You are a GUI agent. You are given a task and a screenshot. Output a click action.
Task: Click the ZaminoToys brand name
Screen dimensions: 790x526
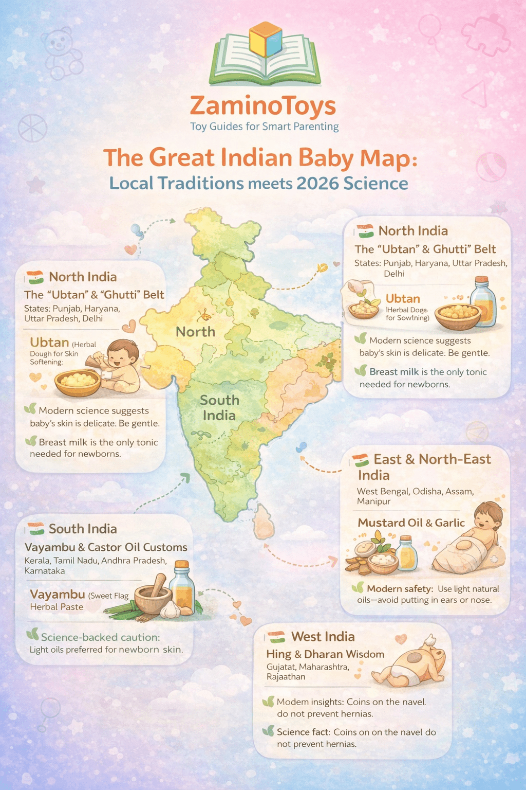[x=262, y=106]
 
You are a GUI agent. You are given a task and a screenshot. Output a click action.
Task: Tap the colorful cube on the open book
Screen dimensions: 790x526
[x=265, y=40]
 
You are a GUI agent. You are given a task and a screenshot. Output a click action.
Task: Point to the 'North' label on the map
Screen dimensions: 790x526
[x=195, y=332]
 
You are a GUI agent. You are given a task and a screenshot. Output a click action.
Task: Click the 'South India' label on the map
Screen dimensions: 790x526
[x=219, y=407]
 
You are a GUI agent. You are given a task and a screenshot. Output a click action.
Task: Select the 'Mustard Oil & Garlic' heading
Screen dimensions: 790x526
[x=411, y=523]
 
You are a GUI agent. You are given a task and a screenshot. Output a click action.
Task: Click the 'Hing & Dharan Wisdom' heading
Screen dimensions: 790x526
[x=325, y=654]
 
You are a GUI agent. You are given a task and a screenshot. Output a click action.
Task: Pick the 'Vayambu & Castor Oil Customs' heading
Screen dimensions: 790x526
[x=106, y=547]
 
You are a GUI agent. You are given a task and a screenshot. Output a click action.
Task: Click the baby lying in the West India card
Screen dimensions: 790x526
[x=411, y=663]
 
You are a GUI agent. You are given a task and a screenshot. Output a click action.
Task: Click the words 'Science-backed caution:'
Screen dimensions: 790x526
[x=100, y=637]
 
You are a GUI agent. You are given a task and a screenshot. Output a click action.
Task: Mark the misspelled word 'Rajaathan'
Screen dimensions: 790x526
[x=286, y=677]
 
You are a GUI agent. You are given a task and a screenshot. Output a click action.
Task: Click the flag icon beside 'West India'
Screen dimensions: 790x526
[x=276, y=637]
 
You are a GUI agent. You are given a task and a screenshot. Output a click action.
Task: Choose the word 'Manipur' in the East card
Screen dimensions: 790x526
[x=373, y=501]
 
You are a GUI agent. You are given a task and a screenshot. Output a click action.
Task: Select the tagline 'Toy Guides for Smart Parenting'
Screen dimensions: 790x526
[x=264, y=127]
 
